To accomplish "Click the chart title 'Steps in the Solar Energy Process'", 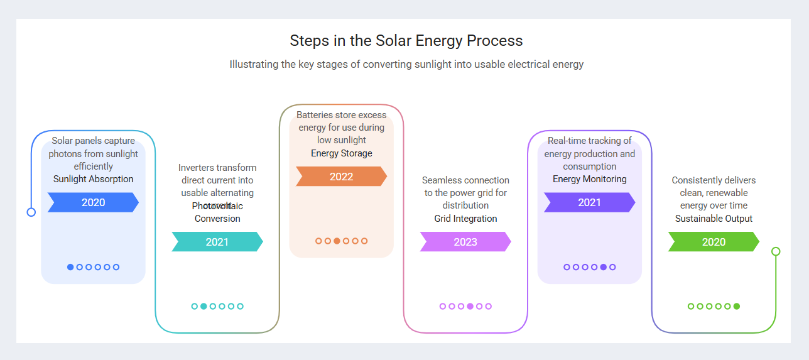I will click(406, 41).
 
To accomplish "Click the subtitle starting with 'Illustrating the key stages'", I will click(406, 64).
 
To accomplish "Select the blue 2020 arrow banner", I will click(93, 202).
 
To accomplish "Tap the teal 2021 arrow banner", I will click(217, 242).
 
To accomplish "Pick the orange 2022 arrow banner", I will click(341, 177).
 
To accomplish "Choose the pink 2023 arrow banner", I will click(465, 242).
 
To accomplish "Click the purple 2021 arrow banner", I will click(589, 202).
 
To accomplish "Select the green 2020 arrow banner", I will click(714, 242).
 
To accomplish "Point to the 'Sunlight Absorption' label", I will click(93, 179).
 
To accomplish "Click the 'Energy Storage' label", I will click(341, 153).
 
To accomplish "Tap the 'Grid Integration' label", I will click(465, 219).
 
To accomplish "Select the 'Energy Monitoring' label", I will click(589, 179).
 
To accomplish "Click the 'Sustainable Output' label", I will click(714, 219).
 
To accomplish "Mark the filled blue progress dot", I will click(70, 267).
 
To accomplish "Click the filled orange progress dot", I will click(337, 241).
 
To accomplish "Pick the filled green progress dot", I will click(737, 307).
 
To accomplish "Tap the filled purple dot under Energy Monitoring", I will click(604, 267).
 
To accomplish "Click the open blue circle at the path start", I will click(31, 212).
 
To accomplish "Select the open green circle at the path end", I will click(776, 251).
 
